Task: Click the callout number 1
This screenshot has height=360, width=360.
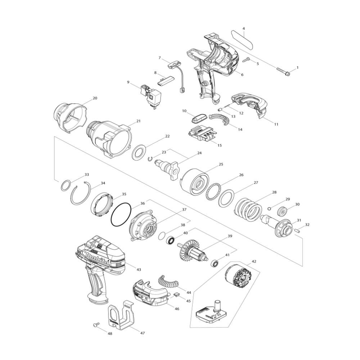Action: [298, 68]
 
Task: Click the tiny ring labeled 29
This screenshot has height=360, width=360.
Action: [270, 208]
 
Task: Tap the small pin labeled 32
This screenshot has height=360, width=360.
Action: [297, 230]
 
